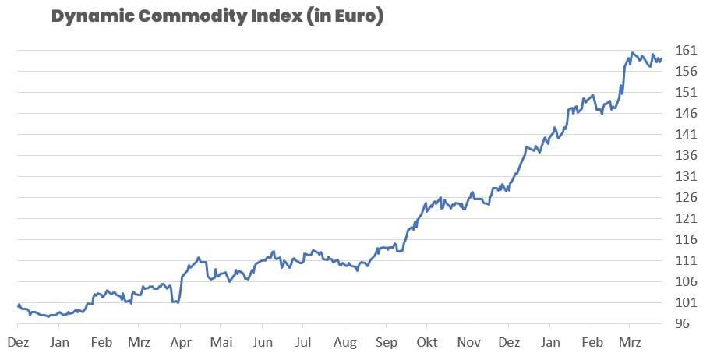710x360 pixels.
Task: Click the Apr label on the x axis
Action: (x=180, y=342)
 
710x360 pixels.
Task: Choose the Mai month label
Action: (x=221, y=342)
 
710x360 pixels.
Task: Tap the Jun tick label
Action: (x=263, y=342)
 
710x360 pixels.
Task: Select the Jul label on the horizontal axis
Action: (x=303, y=342)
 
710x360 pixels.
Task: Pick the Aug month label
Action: (x=344, y=342)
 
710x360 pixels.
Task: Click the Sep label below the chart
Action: (x=386, y=342)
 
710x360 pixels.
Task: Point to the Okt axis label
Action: (x=426, y=342)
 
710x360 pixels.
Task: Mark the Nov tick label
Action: (x=468, y=342)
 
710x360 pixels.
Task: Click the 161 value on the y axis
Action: (x=685, y=51)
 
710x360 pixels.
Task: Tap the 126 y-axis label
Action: (x=685, y=198)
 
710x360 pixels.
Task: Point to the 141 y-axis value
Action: (x=685, y=135)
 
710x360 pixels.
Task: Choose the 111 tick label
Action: (x=685, y=261)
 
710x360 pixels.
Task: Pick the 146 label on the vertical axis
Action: (x=685, y=114)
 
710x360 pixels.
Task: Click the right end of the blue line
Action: (x=662, y=58)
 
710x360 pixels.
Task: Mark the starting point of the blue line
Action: (x=18, y=305)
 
